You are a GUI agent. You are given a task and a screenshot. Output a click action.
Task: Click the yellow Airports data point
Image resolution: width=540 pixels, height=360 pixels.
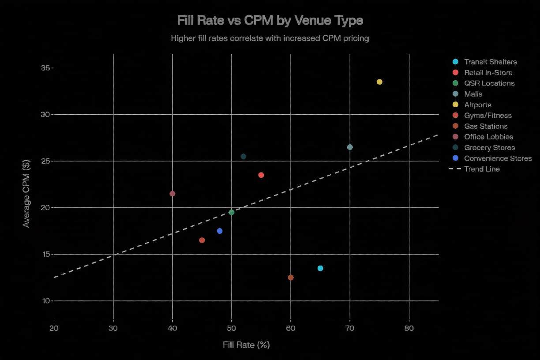[x=379, y=82]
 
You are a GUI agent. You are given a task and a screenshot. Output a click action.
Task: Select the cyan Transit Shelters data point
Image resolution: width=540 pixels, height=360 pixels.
[x=320, y=268]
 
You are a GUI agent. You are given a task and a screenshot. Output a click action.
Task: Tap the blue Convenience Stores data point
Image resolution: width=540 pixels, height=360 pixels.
[x=220, y=231]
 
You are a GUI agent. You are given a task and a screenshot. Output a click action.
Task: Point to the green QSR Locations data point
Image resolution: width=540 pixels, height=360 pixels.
[x=231, y=213]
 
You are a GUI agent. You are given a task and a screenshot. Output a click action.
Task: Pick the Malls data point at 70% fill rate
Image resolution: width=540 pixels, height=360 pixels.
[x=350, y=147]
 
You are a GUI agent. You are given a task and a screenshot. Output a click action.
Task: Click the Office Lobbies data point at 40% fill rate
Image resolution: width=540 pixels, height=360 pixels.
[x=172, y=194]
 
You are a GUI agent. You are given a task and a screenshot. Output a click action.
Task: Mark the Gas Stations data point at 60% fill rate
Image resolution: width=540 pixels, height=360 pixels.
[x=291, y=277]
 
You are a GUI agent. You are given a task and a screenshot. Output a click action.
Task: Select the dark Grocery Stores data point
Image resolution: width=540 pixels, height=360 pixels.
[x=243, y=157]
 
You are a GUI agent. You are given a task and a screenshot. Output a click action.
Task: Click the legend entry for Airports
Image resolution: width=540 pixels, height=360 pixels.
[x=477, y=105]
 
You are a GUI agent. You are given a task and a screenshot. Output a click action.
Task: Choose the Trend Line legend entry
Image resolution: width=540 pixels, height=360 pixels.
[x=482, y=169]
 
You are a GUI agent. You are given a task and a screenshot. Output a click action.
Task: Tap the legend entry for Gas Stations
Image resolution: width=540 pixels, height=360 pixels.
[x=486, y=126]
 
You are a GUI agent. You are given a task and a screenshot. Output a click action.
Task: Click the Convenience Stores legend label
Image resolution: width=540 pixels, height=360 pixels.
[x=498, y=158]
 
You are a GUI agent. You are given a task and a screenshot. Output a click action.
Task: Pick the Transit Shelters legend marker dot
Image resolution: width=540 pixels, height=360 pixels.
[x=456, y=62]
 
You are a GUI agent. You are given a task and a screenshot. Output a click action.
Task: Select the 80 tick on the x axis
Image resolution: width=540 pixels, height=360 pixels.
[x=409, y=328]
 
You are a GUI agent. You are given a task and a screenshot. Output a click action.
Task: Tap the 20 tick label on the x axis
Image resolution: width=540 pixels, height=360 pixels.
[x=54, y=328]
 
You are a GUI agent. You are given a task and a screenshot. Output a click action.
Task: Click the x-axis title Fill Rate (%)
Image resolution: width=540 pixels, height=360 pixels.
[x=246, y=345]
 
